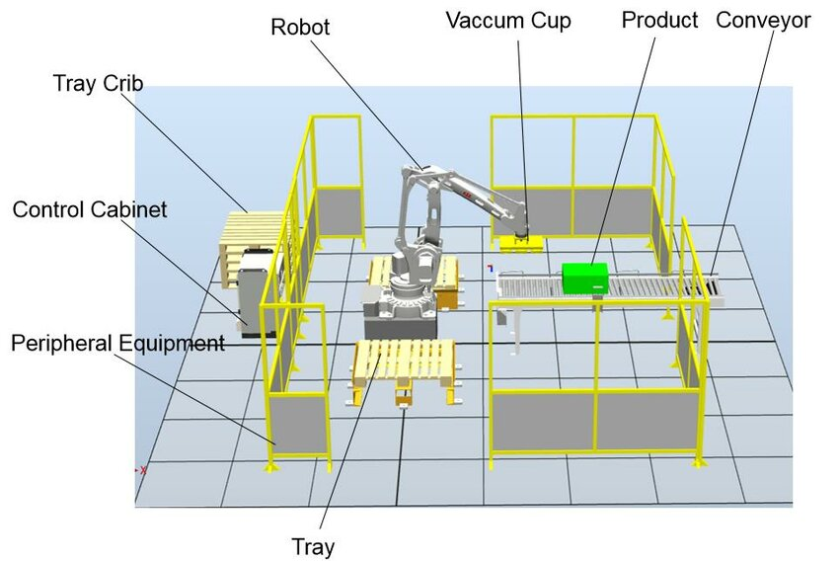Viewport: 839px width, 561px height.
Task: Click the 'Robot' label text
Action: pos(300,27)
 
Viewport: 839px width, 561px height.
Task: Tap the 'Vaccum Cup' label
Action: pos(507,21)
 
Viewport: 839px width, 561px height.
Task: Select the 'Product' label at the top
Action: pos(659,20)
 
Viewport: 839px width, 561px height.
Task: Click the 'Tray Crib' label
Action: pos(98,83)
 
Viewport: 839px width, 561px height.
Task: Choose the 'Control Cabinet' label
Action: pos(90,209)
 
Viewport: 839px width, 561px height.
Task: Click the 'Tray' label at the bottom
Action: pos(312,546)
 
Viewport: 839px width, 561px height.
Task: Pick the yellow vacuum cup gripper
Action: pos(519,240)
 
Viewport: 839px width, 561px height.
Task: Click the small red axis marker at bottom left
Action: pos(140,470)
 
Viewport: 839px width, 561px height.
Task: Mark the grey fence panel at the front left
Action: pos(300,422)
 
